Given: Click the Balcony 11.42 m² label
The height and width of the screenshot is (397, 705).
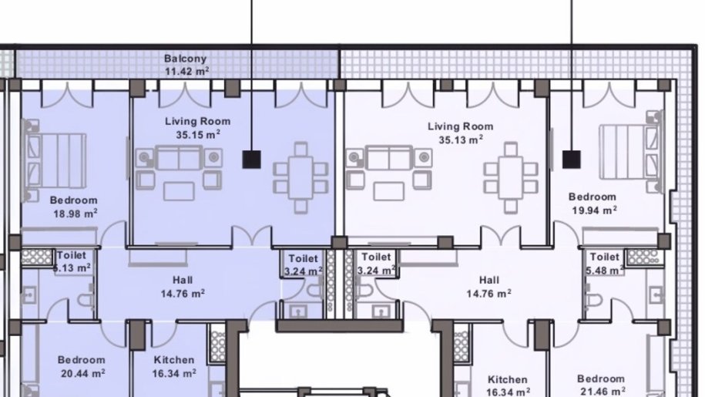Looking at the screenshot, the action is click(x=186, y=65).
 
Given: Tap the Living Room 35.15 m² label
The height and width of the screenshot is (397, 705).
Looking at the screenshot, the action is click(x=198, y=128).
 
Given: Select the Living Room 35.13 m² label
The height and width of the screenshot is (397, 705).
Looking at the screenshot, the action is click(x=461, y=133).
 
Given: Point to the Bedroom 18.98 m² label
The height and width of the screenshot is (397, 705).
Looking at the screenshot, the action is click(x=74, y=207).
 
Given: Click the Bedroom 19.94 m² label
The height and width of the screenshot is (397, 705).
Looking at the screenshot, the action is click(x=593, y=204).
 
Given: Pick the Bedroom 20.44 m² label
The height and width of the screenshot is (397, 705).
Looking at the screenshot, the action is click(x=82, y=366).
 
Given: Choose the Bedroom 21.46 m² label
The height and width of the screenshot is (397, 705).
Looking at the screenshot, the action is click(x=601, y=385).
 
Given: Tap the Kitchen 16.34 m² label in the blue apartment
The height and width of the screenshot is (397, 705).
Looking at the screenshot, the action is click(x=174, y=366).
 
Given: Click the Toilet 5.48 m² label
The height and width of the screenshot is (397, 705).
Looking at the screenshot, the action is click(x=605, y=264).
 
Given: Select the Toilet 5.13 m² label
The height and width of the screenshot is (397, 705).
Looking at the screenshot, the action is click(x=72, y=261).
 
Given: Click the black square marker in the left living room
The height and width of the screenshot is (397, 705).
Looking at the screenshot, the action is click(x=252, y=160).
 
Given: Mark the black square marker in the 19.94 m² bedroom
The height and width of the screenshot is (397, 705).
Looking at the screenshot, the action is click(x=572, y=160).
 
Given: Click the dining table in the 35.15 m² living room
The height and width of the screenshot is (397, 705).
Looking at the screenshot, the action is click(x=300, y=177).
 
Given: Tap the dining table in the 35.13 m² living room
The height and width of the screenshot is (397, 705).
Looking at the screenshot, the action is click(x=511, y=177).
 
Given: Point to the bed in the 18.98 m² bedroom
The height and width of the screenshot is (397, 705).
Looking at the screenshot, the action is click(x=55, y=160).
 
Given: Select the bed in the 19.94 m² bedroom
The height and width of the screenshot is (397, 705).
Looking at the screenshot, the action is click(x=630, y=153).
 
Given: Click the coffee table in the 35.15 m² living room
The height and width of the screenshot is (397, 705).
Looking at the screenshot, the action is click(x=179, y=191).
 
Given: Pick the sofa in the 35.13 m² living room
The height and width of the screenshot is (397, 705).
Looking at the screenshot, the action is click(x=388, y=158).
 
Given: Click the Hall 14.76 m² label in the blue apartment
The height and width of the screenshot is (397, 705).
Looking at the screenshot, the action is click(x=183, y=287).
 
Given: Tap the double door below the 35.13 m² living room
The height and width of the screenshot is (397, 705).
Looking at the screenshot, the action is click(x=500, y=237).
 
